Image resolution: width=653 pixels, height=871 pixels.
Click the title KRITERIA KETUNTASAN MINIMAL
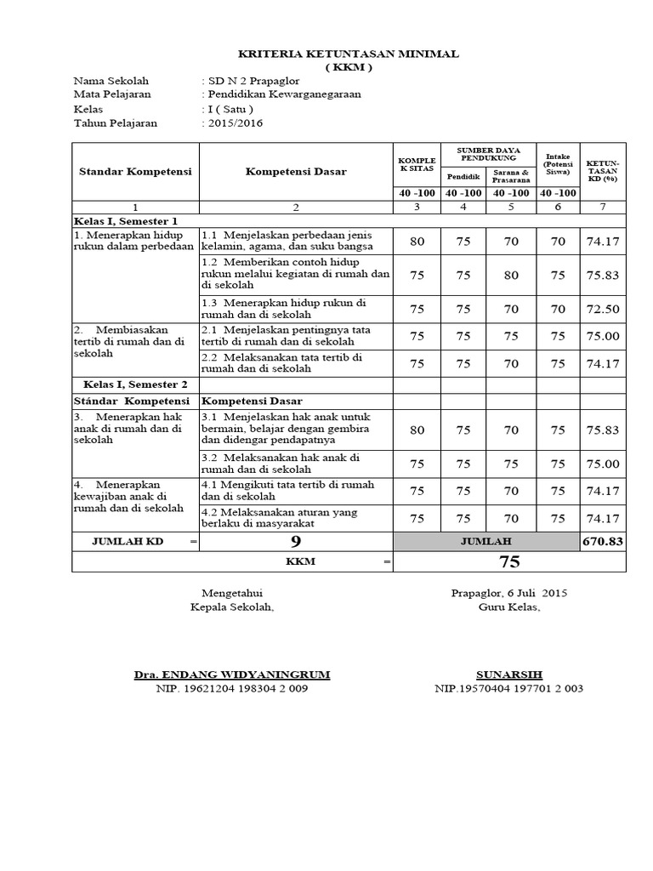point(349,54)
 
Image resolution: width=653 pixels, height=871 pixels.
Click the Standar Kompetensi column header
point(135,171)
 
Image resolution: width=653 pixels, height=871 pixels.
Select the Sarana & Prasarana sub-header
point(511,176)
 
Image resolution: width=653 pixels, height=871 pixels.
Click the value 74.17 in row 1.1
point(602,242)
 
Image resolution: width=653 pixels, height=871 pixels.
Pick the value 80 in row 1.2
point(511,275)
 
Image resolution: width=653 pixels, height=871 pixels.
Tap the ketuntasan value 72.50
point(602,308)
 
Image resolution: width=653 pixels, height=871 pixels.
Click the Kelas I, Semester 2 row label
point(130,384)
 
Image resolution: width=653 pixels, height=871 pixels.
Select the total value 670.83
point(602,541)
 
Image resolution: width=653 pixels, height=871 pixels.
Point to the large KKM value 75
point(509,562)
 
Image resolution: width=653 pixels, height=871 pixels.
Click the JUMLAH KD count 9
point(295,541)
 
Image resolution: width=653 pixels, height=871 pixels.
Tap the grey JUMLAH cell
point(486,541)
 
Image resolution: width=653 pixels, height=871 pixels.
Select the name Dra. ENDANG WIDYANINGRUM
point(232,675)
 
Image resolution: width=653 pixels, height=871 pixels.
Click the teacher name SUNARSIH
point(508,675)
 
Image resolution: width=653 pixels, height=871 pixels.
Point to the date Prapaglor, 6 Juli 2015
point(508,593)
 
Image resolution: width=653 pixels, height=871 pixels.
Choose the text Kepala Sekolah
point(232,607)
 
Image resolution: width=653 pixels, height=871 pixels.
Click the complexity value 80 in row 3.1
point(417,430)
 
